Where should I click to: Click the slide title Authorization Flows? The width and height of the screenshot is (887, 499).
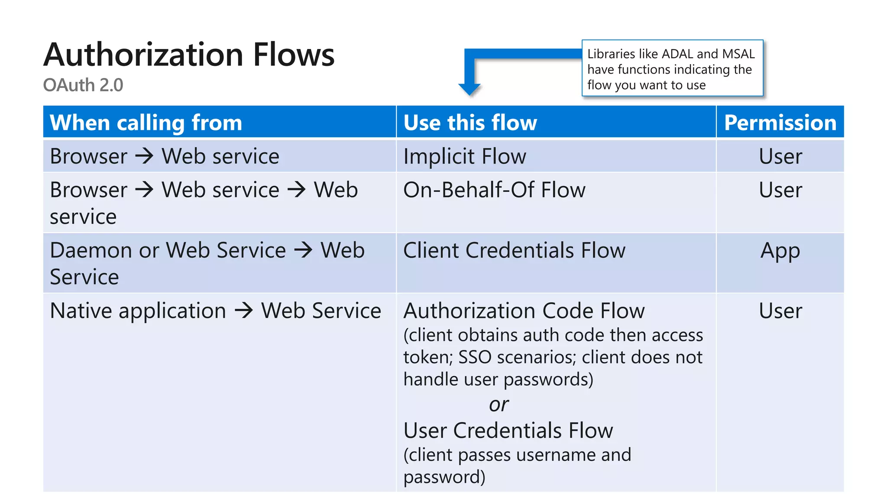[189, 55]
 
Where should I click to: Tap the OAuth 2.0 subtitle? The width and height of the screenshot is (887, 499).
[83, 85]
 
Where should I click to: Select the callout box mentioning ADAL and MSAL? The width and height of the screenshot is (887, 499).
[672, 68]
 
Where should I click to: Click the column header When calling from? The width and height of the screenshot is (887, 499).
[146, 123]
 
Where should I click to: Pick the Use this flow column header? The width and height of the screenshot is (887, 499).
[470, 123]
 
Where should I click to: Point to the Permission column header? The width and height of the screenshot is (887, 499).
[780, 123]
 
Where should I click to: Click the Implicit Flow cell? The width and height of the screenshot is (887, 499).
[465, 156]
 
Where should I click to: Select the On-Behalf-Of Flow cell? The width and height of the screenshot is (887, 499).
[494, 190]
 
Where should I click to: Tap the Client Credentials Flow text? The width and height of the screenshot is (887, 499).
[514, 250]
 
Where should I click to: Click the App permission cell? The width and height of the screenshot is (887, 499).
[780, 250]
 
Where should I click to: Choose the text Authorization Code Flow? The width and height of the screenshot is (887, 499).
[524, 311]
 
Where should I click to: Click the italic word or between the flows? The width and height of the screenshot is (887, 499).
[499, 405]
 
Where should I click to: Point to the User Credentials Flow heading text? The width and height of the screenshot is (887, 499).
[508, 431]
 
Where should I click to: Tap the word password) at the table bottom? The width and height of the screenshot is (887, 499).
[444, 477]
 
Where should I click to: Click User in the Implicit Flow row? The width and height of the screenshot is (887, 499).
[780, 156]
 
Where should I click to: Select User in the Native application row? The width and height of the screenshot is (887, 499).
[780, 311]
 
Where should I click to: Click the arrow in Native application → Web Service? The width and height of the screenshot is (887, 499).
[243, 311]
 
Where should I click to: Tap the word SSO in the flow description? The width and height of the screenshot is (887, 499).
[475, 357]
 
